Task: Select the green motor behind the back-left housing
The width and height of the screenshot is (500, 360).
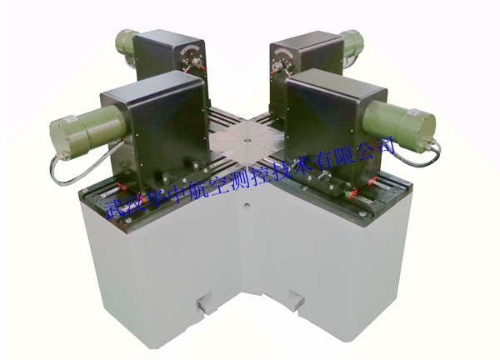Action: [125, 45]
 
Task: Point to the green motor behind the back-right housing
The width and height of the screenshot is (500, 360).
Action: [352, 45]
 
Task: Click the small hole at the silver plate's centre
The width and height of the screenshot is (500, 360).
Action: [246, 140]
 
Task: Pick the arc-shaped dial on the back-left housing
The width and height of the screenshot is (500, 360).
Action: [192, 52]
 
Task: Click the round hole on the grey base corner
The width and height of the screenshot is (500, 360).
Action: [246, 205]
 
